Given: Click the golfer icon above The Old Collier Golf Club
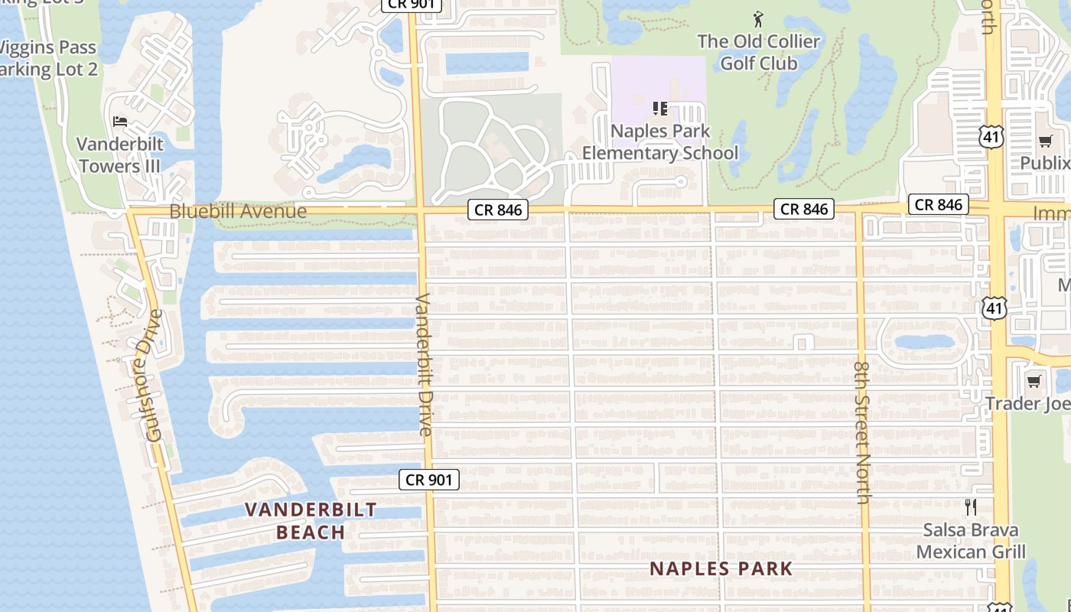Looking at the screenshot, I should tap(758, 19).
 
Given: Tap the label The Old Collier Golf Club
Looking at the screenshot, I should tap(759, 52).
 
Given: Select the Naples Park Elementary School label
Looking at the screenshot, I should tap(660, 142).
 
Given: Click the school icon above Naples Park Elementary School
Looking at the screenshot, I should tap(660, 109).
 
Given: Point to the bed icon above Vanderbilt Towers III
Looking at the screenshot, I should tap(120, 121).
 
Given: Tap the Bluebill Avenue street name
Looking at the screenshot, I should tap(238, 211).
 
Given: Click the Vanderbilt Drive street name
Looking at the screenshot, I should tap(425, 364).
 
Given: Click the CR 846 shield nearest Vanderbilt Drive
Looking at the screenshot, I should tap(497, 209).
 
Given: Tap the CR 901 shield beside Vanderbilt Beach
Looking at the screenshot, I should tap(429, 480).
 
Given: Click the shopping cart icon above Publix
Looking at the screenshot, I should tap(1045, 141).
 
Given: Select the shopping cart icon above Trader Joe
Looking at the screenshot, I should tap(1034, 381).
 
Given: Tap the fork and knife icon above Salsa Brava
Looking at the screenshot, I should tap(971, 506).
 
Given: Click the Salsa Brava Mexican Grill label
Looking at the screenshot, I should tap(971, 541).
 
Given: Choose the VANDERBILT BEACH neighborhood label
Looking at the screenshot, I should tap(311, 520).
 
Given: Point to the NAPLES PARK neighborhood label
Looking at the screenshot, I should tap(721, 568).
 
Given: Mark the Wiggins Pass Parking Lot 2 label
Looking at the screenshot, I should tap(47, 58).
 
